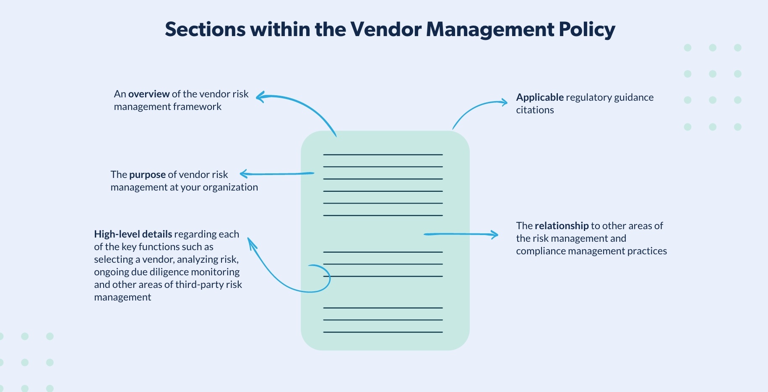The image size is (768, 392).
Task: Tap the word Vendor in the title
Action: tap(385, 30)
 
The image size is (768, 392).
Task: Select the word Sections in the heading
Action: tap(205, 30)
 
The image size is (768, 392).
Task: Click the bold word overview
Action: tap(149, 94)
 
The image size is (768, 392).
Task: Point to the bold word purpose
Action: tap(147, 175)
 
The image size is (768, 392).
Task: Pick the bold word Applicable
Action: tap(540, 97)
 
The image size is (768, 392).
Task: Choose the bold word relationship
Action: tap(562, 226)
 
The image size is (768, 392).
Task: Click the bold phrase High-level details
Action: tap(133, 234)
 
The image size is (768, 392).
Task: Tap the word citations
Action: tap(535, 110)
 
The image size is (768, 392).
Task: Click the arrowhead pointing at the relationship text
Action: tap(496, 235)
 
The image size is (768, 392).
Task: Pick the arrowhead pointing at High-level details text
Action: tap(250, 241)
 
